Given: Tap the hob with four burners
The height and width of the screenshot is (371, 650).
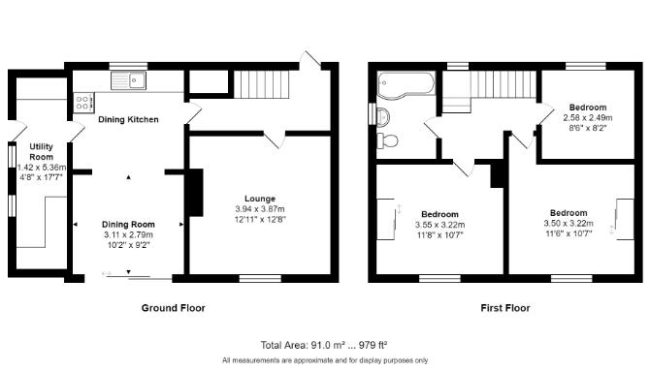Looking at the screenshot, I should pos(81,101).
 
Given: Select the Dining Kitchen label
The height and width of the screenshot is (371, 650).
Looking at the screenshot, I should pos(129,120).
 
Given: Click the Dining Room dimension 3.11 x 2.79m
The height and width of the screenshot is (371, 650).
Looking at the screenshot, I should pos(128,234).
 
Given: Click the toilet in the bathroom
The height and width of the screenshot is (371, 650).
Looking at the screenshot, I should pos(389,140).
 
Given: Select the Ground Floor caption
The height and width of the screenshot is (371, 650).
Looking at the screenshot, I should pos(173,308).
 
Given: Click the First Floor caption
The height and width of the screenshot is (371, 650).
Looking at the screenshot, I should pos(505,308).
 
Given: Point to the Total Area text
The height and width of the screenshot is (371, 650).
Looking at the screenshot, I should pos(324,345).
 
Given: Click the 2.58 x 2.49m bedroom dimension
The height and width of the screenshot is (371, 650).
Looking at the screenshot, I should pos(588,117).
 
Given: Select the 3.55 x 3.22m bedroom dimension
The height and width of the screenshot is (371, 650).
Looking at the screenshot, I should pos(439,224).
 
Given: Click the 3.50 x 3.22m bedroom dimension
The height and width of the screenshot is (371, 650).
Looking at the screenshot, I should pos(568,224).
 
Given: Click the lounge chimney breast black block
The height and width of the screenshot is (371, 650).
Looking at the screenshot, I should pos(195,193).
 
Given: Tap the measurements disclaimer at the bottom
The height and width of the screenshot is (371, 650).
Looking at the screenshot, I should pos(325,360).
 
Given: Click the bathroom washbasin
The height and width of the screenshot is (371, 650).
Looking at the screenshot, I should pos(383,117).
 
